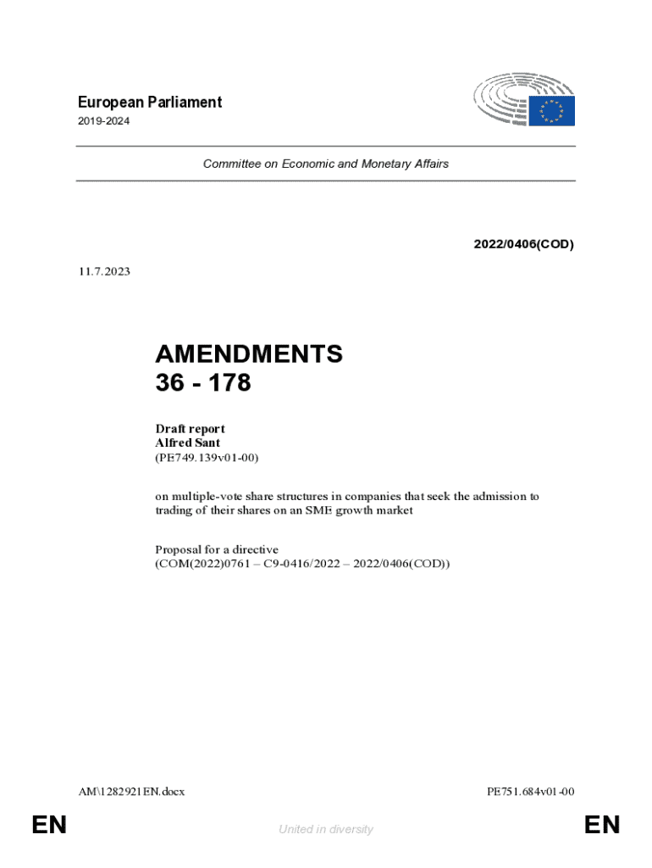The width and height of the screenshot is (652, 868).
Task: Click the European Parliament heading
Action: pos(148,103)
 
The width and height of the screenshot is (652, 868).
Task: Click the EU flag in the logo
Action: pos(552,111)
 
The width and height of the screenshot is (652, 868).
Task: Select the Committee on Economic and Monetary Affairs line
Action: pos(325,164)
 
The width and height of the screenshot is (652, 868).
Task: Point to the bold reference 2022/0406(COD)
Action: pos(523,245)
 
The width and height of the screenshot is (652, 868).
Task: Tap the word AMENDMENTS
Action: pos(249,354)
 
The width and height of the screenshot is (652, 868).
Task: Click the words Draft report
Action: pos(190,428)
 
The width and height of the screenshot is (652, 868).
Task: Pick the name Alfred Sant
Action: pos(188,442)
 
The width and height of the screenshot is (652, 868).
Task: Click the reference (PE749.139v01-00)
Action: pos(207,458)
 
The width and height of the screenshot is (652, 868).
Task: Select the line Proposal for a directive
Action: pos(217,549)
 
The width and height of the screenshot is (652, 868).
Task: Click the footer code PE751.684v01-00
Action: pos(531,792)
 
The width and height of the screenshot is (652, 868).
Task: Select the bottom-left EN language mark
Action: pos(48,825)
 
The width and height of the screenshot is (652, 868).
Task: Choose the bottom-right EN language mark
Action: pos(601,825)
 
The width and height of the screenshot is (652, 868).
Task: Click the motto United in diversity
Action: pos(325,829)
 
